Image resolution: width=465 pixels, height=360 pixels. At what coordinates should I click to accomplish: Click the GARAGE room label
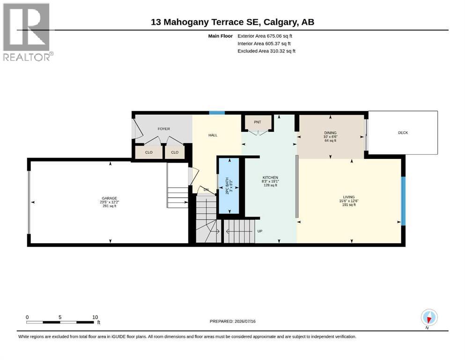coord(110,198)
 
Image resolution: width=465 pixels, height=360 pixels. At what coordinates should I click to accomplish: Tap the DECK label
coord(403,133)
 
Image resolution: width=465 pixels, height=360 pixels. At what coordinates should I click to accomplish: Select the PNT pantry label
coord(258,122)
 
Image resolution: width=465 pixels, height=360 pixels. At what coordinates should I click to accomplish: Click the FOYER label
coord(164,129)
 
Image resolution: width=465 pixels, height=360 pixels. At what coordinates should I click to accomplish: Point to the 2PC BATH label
coord(228,186)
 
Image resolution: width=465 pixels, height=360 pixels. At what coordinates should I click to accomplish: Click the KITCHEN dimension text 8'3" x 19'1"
coord(270,181)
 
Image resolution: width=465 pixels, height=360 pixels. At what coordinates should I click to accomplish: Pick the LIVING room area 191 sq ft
coord(349,205)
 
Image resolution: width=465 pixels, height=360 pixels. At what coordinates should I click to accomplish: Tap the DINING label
coord(330,133)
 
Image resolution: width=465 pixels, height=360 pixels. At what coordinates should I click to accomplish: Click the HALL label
coord(213,135)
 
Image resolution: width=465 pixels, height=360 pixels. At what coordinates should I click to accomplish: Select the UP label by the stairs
coord(260,231)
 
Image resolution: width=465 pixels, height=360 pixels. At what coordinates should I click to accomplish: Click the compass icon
coord(429,317)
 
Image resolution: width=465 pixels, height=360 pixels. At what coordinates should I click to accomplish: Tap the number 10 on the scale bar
coord(95,317)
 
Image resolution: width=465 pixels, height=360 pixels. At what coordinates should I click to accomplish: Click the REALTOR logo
coord(28,32)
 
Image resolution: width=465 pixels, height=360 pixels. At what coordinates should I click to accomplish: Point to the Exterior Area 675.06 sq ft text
coord(265,36)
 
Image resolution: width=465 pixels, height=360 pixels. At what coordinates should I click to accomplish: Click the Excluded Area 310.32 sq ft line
coord(266,51)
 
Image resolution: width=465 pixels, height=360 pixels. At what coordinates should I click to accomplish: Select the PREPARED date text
coord(232,321)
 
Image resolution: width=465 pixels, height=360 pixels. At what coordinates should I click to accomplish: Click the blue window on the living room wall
coord(403,201)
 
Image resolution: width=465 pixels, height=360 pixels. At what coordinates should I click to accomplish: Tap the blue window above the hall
coord(217,113)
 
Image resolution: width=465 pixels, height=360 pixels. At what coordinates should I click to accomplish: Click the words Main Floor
coord(221,36)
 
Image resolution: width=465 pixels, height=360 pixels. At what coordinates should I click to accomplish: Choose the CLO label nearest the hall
coord(175,152)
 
